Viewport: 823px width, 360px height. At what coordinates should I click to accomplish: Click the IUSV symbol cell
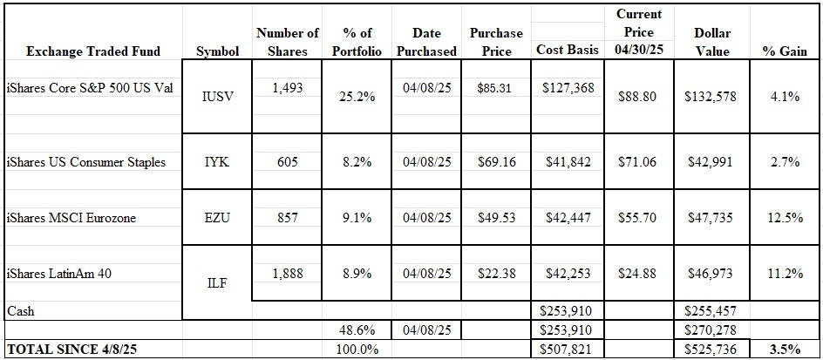[x=217, y=97]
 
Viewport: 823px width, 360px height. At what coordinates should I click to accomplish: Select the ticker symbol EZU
[x=217, y=218]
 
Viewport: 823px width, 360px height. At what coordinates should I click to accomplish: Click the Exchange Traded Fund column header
[x=94, y=51]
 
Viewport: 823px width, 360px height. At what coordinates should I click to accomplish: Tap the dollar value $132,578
[x=711, y=97]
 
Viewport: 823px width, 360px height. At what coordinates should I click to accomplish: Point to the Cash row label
[x=21, y=310]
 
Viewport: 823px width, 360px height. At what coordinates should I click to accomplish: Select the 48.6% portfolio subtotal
[x=356, y=331]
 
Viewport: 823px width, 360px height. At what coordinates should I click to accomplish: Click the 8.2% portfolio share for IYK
[x=356, y=162]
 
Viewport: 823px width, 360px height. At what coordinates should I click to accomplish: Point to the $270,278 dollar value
[x=711, y=331]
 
